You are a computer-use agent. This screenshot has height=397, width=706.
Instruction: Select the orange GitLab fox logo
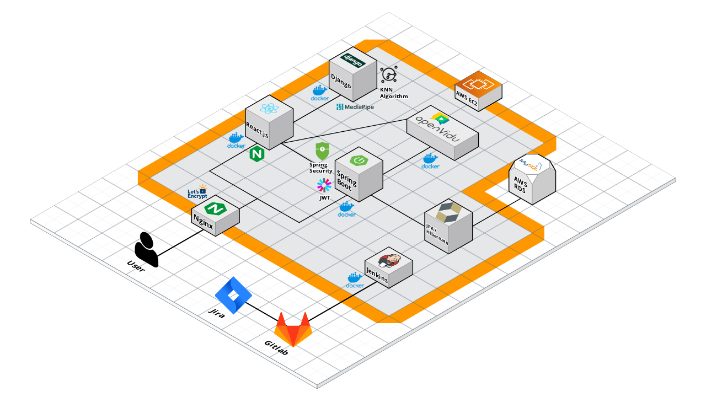[293, 329]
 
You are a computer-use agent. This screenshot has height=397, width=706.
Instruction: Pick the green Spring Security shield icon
[322, 151]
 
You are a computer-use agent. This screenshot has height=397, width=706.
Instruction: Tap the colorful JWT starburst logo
[323, 185]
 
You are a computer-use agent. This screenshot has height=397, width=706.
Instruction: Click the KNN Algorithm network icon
[389, 74]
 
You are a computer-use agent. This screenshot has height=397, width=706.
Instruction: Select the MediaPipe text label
[355, 106]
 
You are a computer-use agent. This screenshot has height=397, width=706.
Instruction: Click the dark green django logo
[353, 60]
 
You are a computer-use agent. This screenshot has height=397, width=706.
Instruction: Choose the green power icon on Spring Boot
[359, 160]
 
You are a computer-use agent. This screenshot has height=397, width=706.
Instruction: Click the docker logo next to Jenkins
[355, 281]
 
